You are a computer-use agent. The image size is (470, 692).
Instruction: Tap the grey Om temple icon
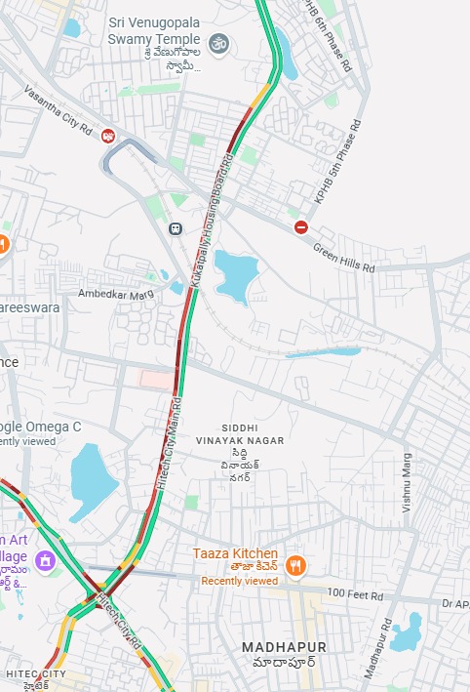click(x=218, y=43)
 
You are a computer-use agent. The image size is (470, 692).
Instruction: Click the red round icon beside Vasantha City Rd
click(x=108, y=136)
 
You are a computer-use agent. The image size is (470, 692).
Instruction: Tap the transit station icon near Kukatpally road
click(x=176, y=229)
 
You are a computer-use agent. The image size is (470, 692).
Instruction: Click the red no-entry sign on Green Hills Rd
click(x=301, y=227)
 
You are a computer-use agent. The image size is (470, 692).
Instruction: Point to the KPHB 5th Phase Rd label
click(x=338, y=161)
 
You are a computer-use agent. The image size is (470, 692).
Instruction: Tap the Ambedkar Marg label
click(x=116, y=293)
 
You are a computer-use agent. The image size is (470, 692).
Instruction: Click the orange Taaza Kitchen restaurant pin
click(x=296, y=565)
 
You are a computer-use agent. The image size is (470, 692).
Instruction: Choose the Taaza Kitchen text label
click(x=235, y=553)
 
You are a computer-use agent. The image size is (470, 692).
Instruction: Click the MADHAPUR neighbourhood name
click(x=284, y=647)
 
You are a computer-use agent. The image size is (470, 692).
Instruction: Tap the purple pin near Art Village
click(x=44, y=560)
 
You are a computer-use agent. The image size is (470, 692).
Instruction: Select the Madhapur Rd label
click(x=376, y=648)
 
